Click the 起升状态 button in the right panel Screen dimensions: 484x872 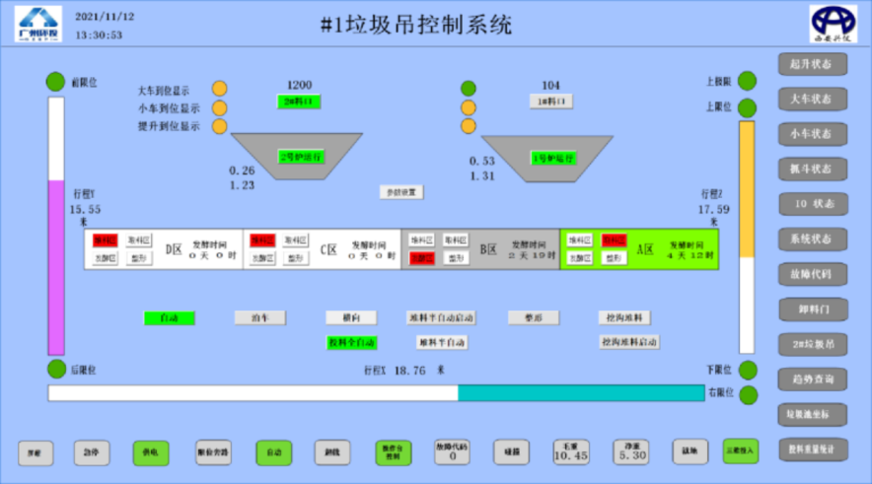(811, 64)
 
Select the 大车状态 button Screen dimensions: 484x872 (811, 99)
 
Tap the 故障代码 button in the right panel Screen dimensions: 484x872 (811, 274)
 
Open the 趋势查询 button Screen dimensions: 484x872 (811, 380)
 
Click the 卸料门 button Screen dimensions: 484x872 (811, 309)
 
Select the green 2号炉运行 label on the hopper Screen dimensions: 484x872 (301, 157)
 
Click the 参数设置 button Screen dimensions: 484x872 (401, 192)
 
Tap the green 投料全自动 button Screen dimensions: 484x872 (352, 342)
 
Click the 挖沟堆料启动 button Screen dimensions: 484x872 (629, 342)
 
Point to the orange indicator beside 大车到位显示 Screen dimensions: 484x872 (219, 90)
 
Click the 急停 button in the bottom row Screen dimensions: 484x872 (92, 452)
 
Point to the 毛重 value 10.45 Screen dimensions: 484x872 (570, 452)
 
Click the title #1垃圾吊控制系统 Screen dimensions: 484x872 (416, 27)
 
